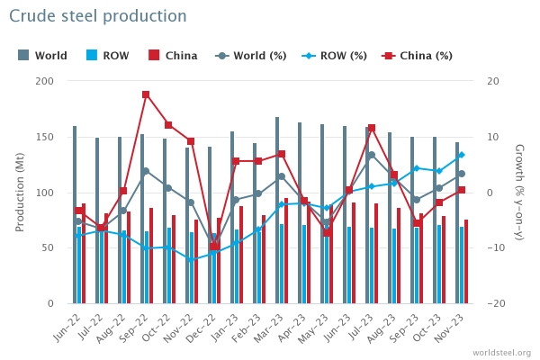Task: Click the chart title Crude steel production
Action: pyautogui.click(x=98, y=16)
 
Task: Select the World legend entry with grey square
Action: pyautogui.click(x=43, y=56)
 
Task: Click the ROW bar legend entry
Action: pyautogui.click(x=109, y=56)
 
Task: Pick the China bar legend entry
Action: pyautogui.click(x=173, y=56)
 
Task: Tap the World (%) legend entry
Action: pyautogui.click(x=251, y=56)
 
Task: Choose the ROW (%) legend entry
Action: pyautogui.click(x=334, y=56)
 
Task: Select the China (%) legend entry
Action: pyautogui.click(x=418, y=56)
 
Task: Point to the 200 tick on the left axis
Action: pyautogui.click(x=44, y=81)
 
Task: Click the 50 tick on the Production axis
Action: pyautogui.click(x=47, y=248)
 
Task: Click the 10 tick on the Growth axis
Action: pyautogui.click(x=494, y=137)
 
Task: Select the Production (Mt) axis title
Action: pyautogui.click(x=20, y=193)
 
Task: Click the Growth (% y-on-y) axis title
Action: pyautogui.click(x=519, y=193)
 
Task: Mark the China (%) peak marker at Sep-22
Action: pyautogui.click(x=146, y=94)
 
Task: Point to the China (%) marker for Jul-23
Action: pyautogui.click(x=371, y=129)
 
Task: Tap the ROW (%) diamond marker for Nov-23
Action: pyautogui.click(x=461, y=156)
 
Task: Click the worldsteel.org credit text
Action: pyautogui.click(x=501, y=353)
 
